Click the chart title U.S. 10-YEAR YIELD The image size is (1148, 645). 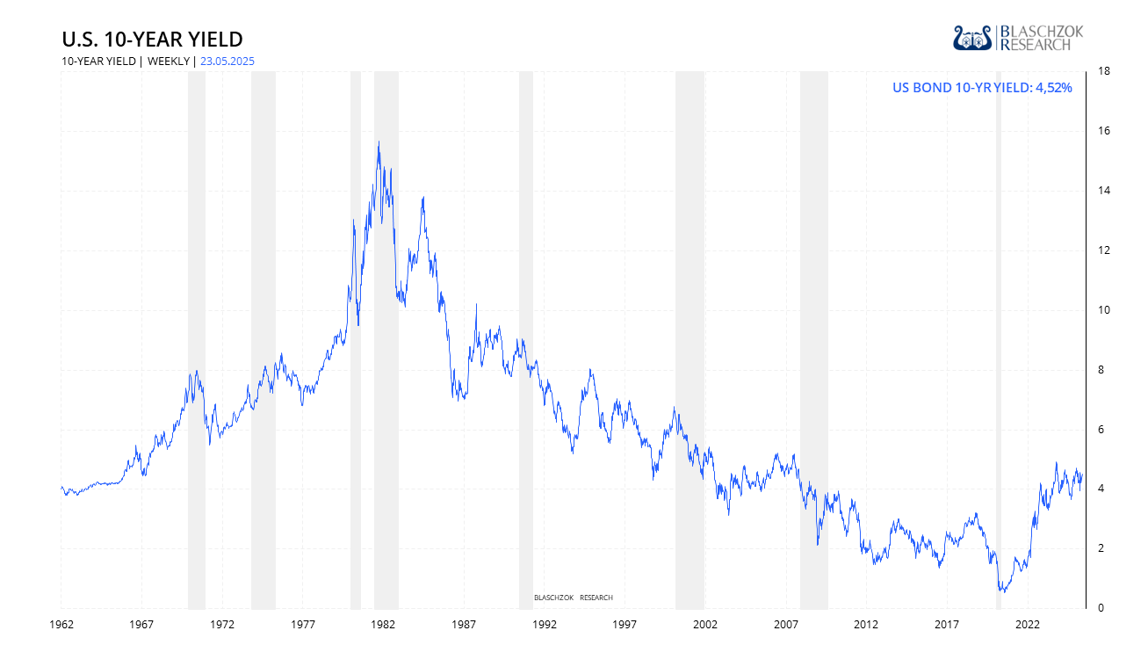click(152, 40)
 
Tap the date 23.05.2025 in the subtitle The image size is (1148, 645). click(227, 62)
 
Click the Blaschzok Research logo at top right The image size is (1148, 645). click(1018, 38)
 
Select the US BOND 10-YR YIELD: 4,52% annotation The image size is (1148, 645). click(982, 87)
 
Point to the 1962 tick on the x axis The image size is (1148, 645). click(61, 625)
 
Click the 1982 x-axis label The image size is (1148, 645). click(383, 625)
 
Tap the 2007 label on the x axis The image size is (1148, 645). click(786, 625)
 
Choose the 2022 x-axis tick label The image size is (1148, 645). click(1028, 625)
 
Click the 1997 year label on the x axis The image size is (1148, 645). click(625, 625)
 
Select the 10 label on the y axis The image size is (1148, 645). click(1101, 310)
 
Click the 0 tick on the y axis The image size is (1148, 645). click(1099, 608)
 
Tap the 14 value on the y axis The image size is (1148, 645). click(1101, 191)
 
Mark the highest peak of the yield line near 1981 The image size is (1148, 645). click(379, 142)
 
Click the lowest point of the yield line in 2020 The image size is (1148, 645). click(1002, 591)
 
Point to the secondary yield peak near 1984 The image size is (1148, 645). click(423, 198)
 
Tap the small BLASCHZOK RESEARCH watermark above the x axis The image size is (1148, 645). click(573, 598)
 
